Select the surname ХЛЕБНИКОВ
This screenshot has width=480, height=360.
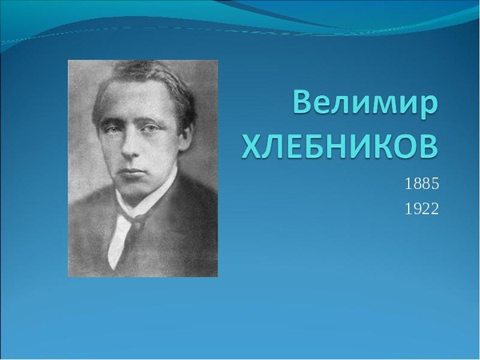340,147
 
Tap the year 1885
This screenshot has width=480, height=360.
422,184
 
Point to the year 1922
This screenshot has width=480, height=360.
422,209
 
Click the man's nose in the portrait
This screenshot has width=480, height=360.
130,146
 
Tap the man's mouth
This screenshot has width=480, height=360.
132,171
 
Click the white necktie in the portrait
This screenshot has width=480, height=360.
121,238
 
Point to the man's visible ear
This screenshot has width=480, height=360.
185,137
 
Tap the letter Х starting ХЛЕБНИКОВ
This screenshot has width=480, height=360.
251,147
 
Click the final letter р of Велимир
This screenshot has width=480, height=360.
429,108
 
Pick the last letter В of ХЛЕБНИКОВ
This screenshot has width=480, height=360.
429,147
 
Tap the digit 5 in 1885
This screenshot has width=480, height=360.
435,184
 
